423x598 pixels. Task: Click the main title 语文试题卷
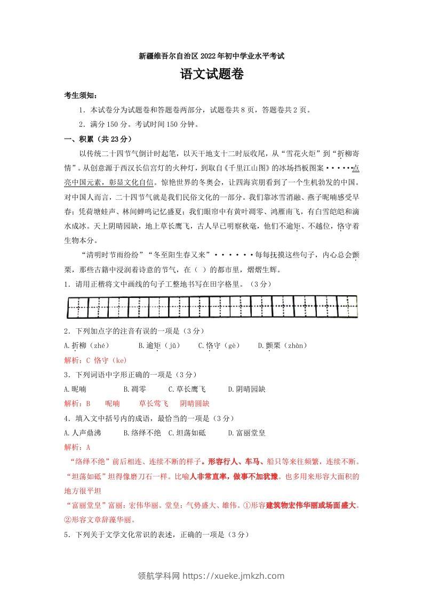point(212,76)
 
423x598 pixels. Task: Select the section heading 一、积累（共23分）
point(97,139)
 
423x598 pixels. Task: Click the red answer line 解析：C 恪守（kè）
point(95,360)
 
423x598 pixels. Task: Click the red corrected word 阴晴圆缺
point(195,404)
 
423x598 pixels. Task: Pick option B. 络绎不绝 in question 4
point(142,433)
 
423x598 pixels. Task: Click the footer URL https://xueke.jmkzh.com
point(234,576)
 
